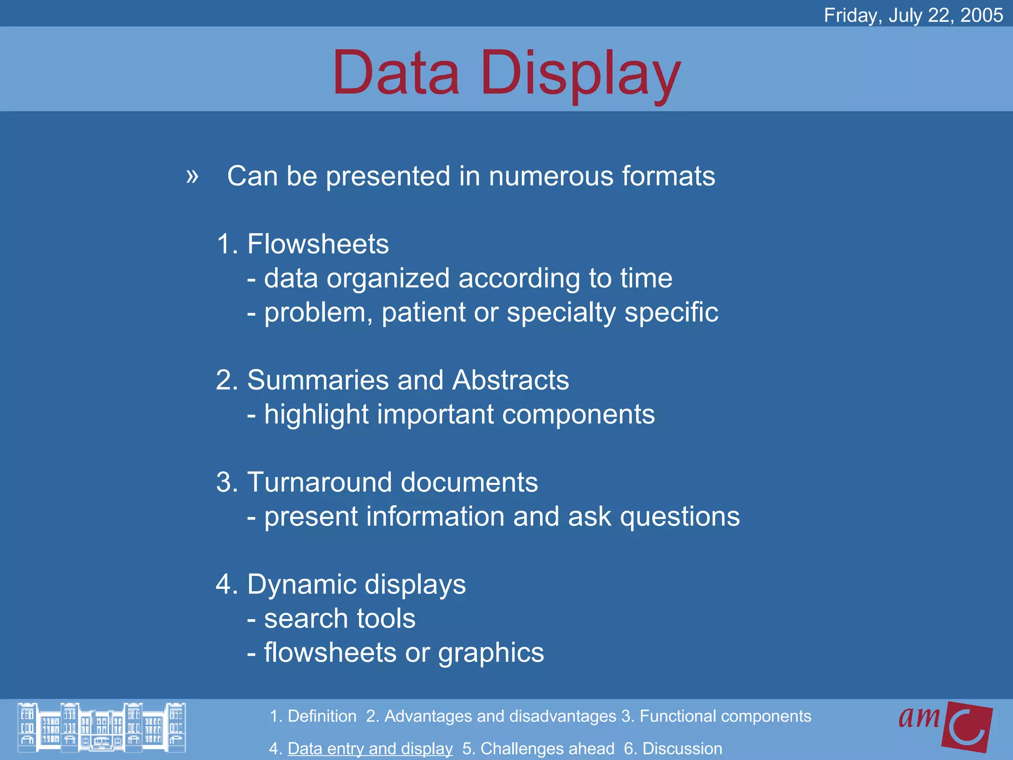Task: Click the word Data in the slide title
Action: [x=396, y=73]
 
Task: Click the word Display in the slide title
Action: [x=581, y=74]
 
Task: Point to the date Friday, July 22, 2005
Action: [x=913, y=15]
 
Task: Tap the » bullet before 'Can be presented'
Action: [x=192, y=176]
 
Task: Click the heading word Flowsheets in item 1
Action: [x=318, y=244]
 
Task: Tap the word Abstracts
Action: [x=510, y=380]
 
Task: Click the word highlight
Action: [x=316, y=415]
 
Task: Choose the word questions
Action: [x=680, y=517]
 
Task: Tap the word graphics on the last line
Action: [x=491, y=653]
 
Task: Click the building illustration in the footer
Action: [x=102, y=727]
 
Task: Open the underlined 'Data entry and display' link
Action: [x=370, y=749]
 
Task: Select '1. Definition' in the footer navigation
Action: [x=313, y=716]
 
